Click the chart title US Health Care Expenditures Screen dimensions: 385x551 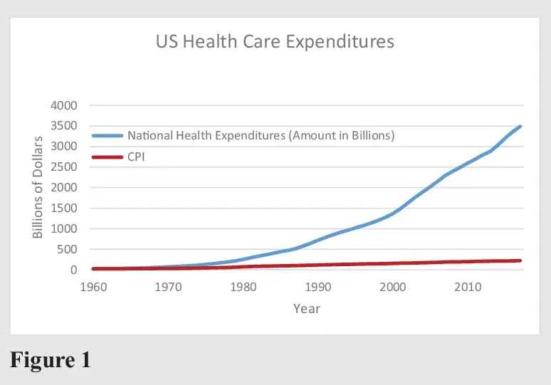(275, 41)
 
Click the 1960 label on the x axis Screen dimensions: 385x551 (93, 287)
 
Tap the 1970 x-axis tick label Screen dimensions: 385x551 (167, 287)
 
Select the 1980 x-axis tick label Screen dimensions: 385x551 (243, 287)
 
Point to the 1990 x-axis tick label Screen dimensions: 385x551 (318, 287)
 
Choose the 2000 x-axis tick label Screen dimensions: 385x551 (392, 287)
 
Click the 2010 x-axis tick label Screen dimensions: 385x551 (468, 287)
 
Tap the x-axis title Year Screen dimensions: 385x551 (307, 309)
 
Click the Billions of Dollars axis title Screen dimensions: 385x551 (38, 187)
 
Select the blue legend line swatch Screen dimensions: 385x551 (107, 135)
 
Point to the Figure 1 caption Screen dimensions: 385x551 (50, 359)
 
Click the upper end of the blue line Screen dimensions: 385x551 (520, 127)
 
